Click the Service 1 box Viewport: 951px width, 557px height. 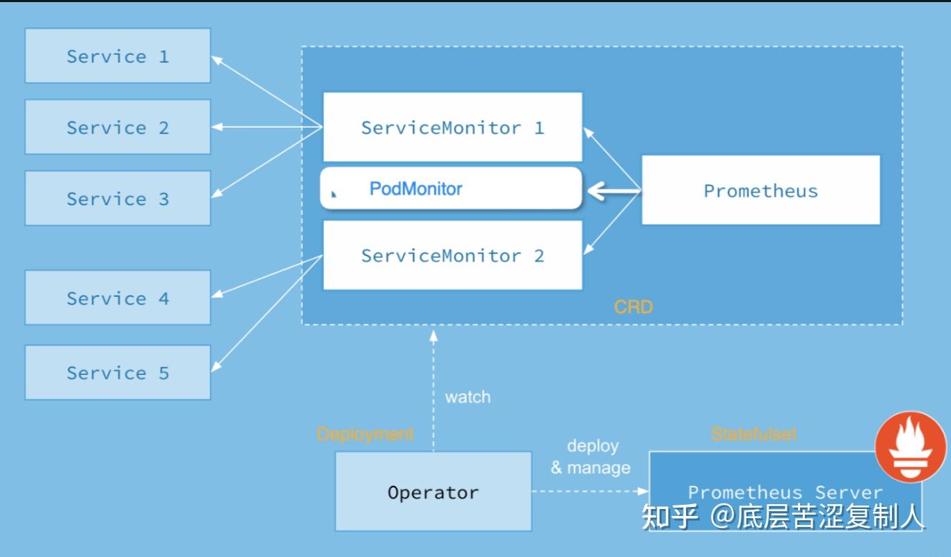click(x=118, y=56)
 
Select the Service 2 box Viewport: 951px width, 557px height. click(x=118, y=127)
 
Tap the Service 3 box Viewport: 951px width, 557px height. click(x=118, y=198)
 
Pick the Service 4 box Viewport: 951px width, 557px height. click(x=118, y=298)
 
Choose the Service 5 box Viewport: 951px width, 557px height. click(x=118, y=372)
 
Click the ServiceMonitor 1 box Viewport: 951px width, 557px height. click(x=452, y=127)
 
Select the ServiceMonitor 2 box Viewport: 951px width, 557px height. click(x=452, y=255)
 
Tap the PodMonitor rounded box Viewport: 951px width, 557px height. click(x=450, y=188)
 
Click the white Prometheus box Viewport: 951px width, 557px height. click(x=760, y=191)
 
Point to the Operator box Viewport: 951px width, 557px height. click(x=433, y=492)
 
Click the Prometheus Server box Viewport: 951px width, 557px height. click(x=785, y=491)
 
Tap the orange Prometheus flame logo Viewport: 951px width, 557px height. click(x=910, y=446)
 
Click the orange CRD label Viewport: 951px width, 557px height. click(x=633, y=307)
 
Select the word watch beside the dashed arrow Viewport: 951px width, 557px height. click(x=467, y=397)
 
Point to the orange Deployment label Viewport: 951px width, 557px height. click(x=365, y=434)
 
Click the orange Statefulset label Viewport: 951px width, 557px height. click(x=753, y=434)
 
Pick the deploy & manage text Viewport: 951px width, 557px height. click(x=591, y=457)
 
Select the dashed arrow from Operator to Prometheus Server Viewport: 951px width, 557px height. click(x=590, y=492)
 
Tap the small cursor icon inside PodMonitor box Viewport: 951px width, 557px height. click(x=334, y=194)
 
